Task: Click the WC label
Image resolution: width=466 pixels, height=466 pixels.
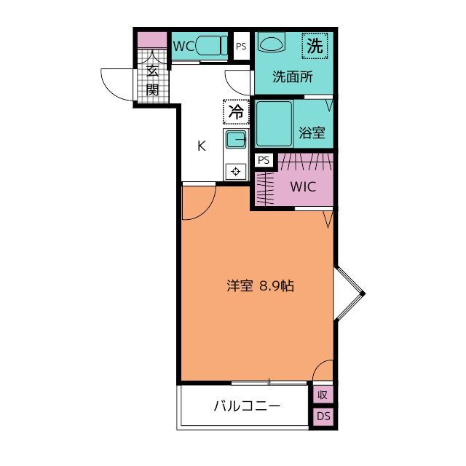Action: click(x=183, y=46)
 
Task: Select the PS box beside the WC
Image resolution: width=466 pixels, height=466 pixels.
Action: click(x=241, y=46)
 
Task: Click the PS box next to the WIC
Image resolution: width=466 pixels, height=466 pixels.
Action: click(x=263, y=160)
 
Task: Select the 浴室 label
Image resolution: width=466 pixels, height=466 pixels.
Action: click(x=312, y=134)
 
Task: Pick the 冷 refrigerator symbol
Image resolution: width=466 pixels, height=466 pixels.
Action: click(x=236, y=112)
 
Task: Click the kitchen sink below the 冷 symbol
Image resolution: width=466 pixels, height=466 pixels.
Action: click(x=236, y=140)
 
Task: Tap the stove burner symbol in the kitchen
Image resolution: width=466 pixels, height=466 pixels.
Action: click(x=236, y=171)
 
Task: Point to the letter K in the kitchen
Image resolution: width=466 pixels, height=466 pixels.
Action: click(x=202, y=145)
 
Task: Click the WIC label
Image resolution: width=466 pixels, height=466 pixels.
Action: click(x=303, y=186)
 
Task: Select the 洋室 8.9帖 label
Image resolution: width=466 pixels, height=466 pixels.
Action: click(x=259, y=286)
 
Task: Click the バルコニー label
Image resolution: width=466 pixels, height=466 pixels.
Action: click(x=247, y=406)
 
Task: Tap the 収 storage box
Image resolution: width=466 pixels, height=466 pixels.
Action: click(x=323, y=395)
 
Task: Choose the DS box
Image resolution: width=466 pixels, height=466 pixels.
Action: click(x=323, y=416)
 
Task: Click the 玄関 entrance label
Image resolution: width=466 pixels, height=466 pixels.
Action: click(x=153, y=80)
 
